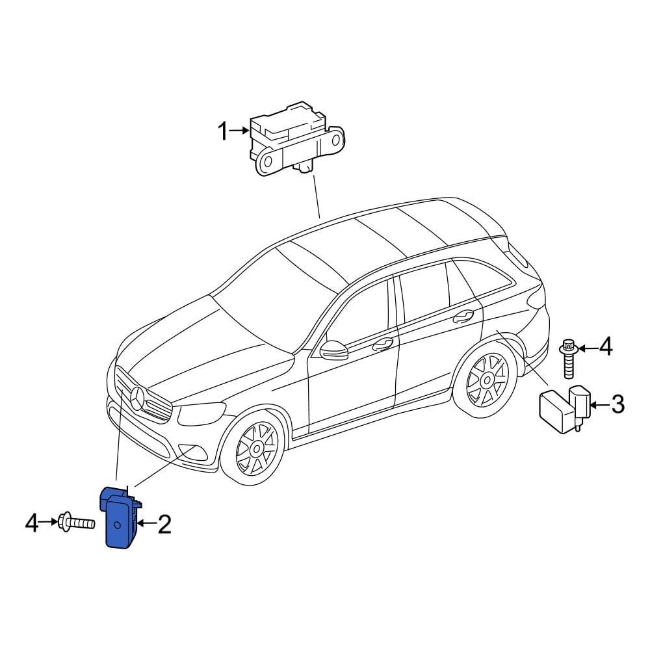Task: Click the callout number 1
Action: (x=222, y=133)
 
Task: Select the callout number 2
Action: (x=164, y=524)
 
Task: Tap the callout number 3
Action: (x=617, y=405)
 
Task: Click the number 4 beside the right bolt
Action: (x=604, y=347)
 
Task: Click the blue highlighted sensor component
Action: (x=120, y=517)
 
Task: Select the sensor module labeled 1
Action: (x=296, y=140)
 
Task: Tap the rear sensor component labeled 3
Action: (x=562, y=407)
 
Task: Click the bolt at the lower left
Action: (x=76, y=522)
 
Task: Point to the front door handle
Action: (x=382, y=344)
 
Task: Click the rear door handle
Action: (x=463, y=316)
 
